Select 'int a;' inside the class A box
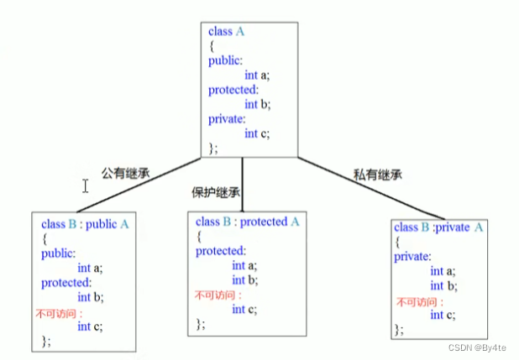[x=257, y=75]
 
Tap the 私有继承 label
[x=378, y=175]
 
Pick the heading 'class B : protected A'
[x=248, y=222]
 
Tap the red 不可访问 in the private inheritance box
[x=417, y=301]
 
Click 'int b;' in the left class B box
[x=90, y=297]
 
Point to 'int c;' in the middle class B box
[x=244, y=309]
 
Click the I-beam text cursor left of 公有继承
[x=86, y=185]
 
